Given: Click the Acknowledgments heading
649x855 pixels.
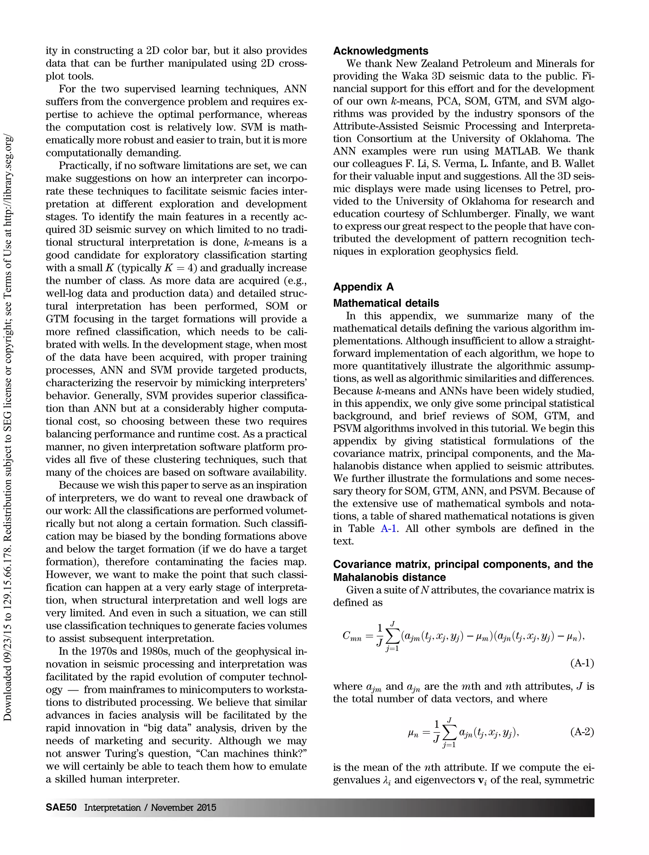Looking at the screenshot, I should [x=381, y=51].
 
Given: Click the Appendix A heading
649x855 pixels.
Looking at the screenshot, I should [x=363, y=287].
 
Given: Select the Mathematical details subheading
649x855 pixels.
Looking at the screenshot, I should [x=386, y=303].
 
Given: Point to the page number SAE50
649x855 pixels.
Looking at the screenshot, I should [x=61, y=807].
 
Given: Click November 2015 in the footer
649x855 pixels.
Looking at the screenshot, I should [x=183, y=807].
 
